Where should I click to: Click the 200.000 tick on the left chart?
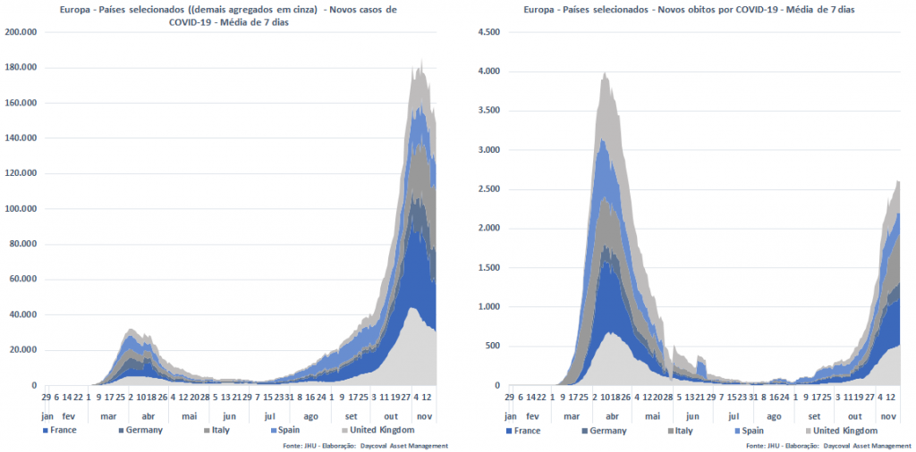coord(21,32)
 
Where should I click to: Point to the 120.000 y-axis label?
coord(21,173)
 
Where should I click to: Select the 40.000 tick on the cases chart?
coord(22,314)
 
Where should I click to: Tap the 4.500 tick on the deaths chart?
coord(487,32)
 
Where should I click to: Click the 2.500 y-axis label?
coord(487,189)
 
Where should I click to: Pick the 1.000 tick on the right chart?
coord(487,307)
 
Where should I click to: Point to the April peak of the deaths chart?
coord(606,73)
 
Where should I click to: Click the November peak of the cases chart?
coord(421,61)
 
